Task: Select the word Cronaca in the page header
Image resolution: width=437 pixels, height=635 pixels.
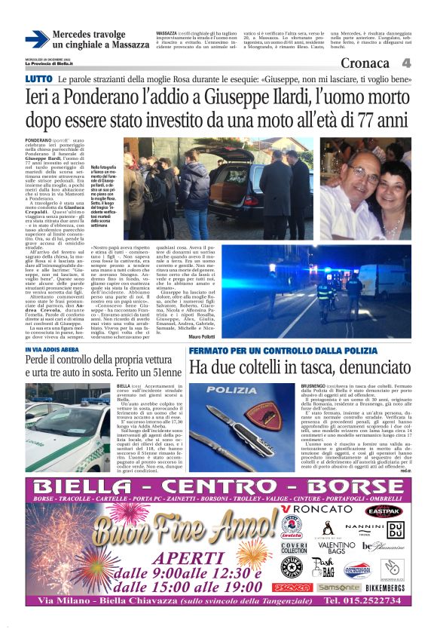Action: [x=365, y=63]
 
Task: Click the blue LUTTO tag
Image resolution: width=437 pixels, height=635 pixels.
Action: [x=38, y=79]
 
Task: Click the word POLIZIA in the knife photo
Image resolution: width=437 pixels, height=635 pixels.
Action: [x=231, y=390]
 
